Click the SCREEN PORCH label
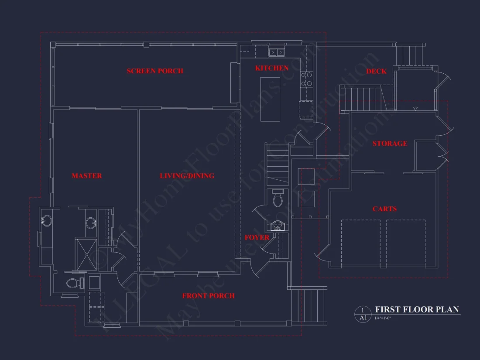155,71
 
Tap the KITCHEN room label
271,68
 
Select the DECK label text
376,71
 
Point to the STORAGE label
390,144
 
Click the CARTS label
384,209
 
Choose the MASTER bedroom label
87,176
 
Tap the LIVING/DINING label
187,176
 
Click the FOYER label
257,237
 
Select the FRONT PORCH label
208,296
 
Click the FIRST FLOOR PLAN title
417,310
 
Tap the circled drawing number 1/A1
363,314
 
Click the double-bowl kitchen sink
276,52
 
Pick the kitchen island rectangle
270,99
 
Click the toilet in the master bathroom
75,283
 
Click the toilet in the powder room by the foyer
278,199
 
